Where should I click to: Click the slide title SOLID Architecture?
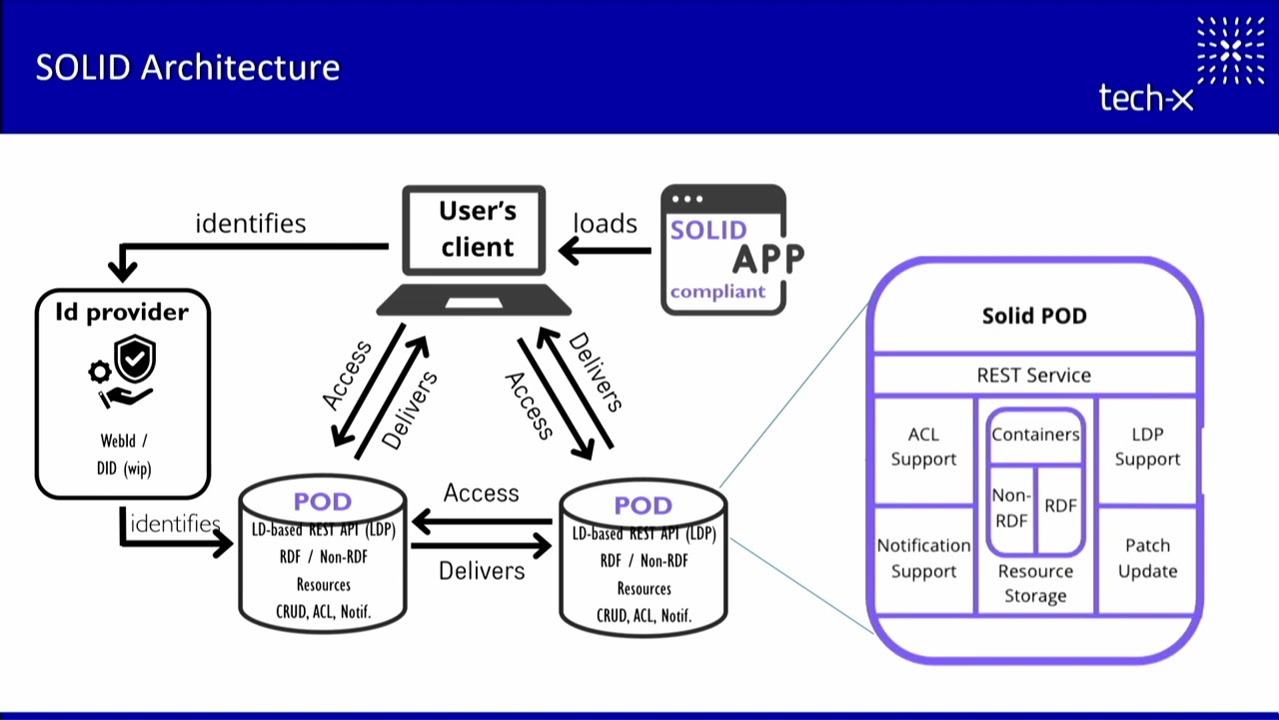[x=188, y=68]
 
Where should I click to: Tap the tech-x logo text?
[x=1146, y=98]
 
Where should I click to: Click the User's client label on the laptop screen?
[x=477, y=229]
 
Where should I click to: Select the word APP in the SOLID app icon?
[x=767, y=258]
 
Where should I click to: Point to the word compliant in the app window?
[x=717, y=292]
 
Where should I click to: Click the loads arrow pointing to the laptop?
[x=606, y=250]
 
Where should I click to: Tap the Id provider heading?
[x=123, y=312]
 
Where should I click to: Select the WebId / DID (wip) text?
[x=124, y=454]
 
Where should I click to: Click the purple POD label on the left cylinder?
[x=322, y=502]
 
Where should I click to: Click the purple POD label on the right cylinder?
[x=642, y=506]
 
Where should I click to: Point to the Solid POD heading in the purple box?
[x=1034, y=316]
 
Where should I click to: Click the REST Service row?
[x=1034, y=375]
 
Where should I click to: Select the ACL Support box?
[x=923, y=447]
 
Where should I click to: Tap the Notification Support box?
[x=923, y=558]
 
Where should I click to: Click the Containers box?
[x=1035, y=435]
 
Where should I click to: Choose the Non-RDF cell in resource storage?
[x=1010, y=507]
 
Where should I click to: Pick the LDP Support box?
[x=1147, y=447]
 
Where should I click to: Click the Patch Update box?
[x=1147, y=558]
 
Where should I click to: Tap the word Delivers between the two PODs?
[x=482, y=570]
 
